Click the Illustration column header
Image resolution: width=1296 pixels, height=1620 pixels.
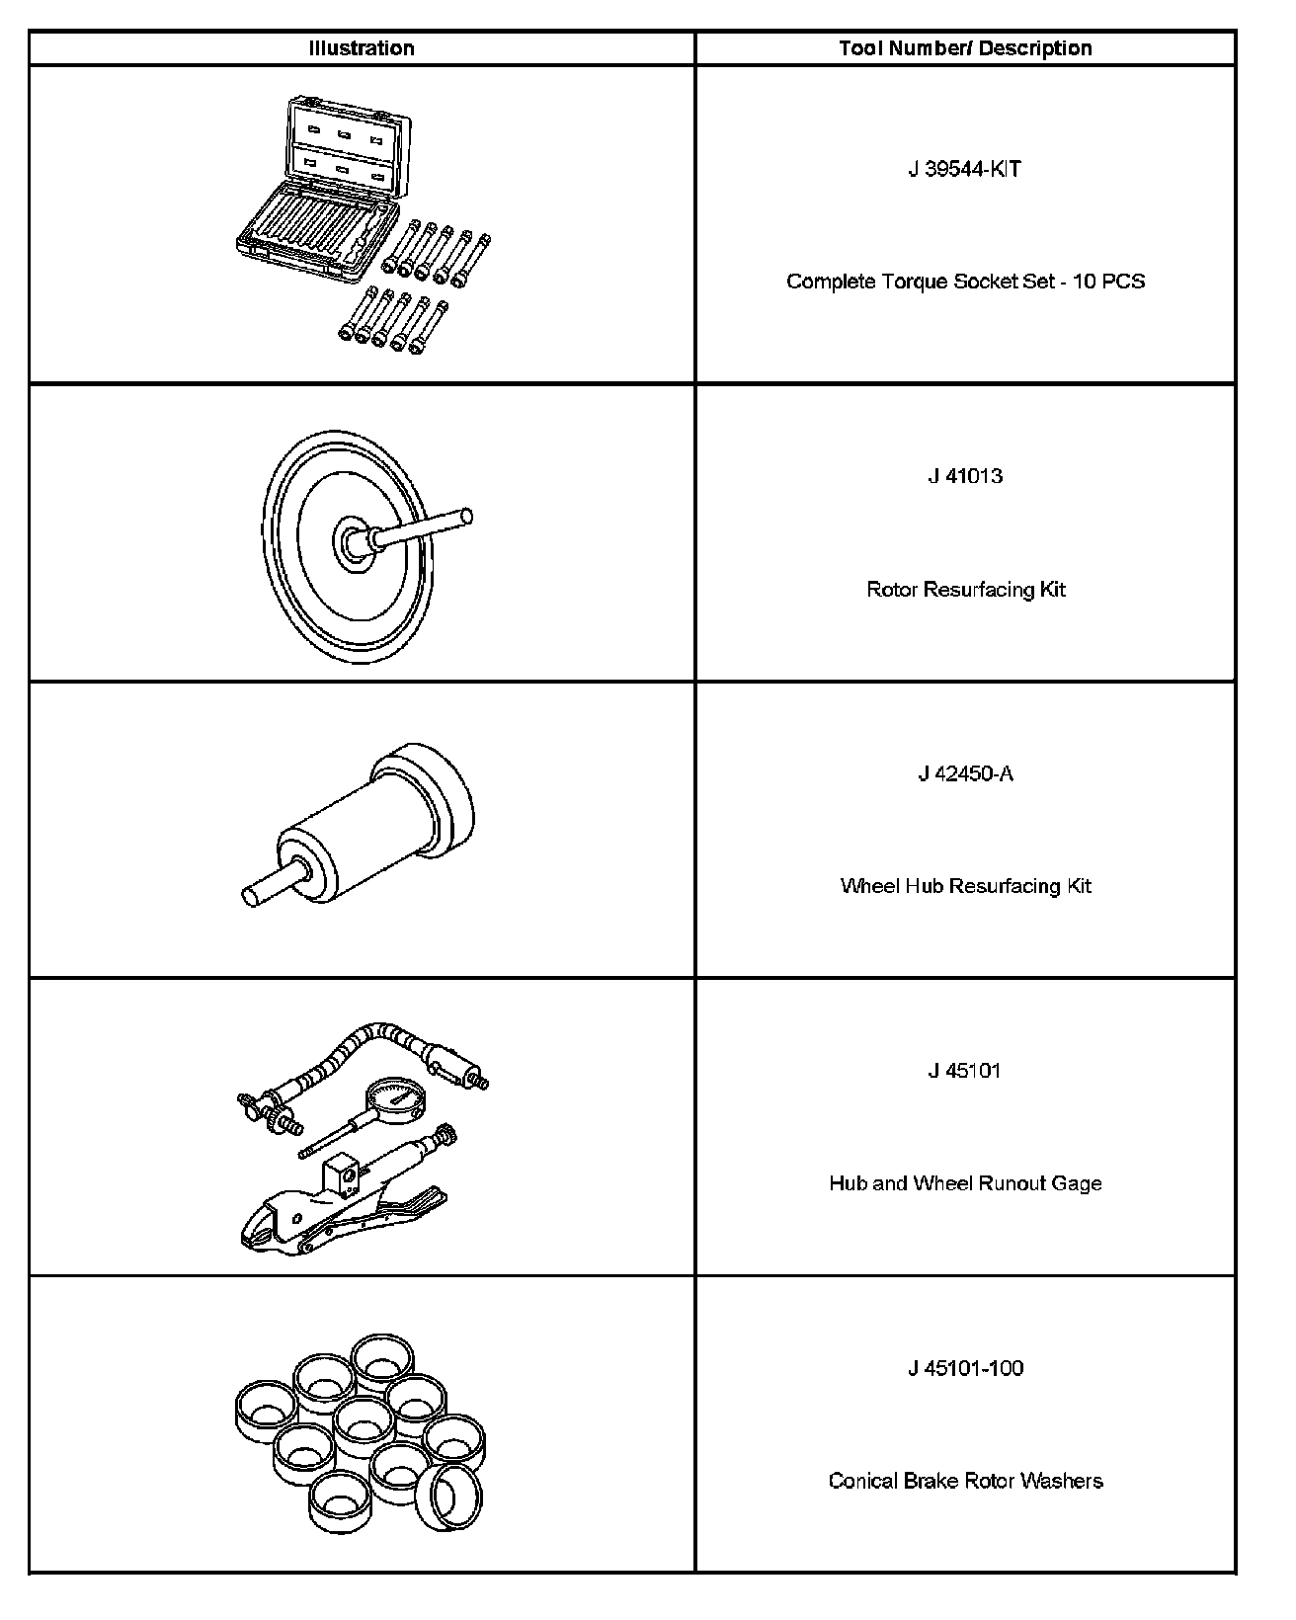362,48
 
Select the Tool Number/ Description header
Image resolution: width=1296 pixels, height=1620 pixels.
965,48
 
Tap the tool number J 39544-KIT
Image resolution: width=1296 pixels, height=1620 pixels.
965,169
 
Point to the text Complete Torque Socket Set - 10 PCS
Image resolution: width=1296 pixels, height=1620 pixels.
965,282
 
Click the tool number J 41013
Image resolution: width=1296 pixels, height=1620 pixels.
965,476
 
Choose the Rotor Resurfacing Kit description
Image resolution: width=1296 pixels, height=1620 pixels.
965,590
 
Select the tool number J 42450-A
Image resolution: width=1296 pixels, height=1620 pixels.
965,773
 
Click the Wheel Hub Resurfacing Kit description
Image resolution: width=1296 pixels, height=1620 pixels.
965,886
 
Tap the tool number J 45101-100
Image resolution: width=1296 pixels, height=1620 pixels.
965,1368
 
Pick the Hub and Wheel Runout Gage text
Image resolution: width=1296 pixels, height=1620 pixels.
965,1183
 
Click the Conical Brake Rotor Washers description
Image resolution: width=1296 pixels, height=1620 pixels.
965,1481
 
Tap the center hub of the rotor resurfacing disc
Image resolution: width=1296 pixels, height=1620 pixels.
352,539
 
